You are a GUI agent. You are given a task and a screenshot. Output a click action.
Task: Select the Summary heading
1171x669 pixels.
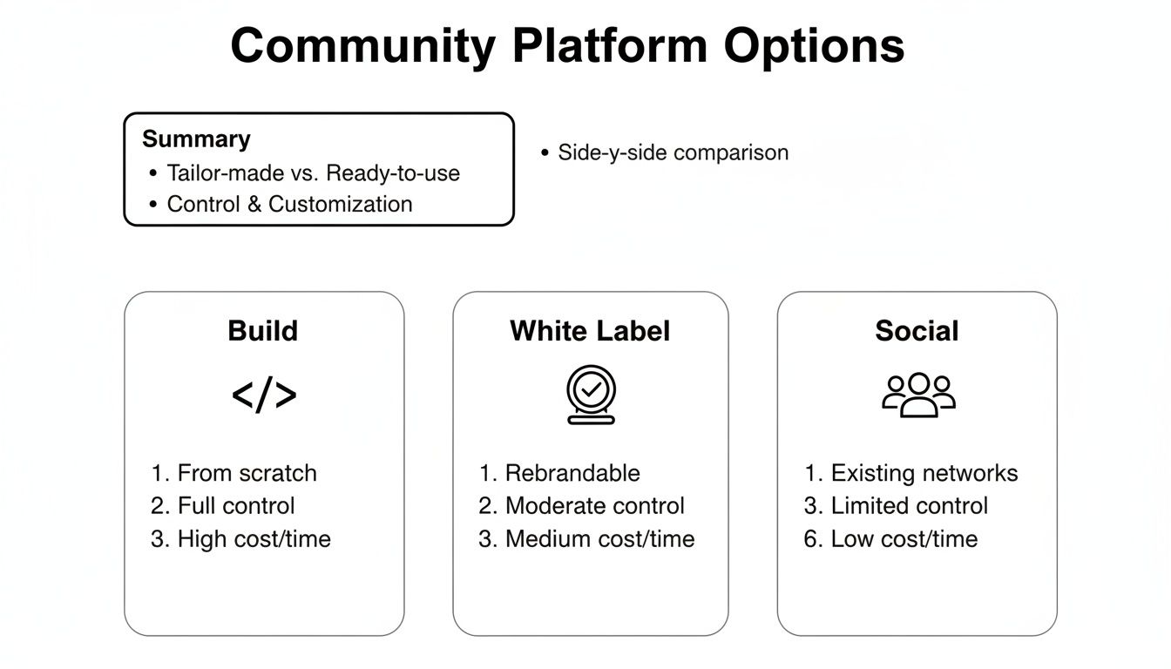coord(196,139)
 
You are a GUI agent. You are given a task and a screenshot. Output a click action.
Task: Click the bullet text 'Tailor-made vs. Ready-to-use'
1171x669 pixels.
coord(313,172)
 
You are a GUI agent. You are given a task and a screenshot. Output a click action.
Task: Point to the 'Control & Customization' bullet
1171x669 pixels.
coord(289,204)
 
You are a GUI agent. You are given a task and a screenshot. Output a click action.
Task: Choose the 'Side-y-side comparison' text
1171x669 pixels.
coord(673,152)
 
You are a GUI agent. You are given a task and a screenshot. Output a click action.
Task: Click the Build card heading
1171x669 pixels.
coord(263,331)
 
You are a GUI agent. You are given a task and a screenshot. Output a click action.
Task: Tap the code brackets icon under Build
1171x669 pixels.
coord(264,395)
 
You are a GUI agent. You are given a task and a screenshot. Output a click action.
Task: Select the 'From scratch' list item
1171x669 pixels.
coord(247,473)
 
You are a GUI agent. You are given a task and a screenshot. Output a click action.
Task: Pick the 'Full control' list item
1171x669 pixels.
coord(236,506)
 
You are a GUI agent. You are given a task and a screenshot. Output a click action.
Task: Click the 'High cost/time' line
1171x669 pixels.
coord(254,539)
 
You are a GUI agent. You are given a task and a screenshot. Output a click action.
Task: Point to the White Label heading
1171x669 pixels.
coord(590,331)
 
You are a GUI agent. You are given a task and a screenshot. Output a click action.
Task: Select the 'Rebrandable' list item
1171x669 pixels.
coord(572,473)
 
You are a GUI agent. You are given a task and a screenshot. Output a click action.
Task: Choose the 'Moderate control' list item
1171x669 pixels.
coord(594,506)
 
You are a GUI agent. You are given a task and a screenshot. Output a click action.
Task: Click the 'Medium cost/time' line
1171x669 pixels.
coord(599,539)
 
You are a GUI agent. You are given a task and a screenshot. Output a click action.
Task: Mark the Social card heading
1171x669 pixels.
coord(917,331)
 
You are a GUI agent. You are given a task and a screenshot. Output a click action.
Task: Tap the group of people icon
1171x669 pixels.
coord(918,395)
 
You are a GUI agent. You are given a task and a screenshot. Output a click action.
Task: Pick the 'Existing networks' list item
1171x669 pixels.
coord(924,473)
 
